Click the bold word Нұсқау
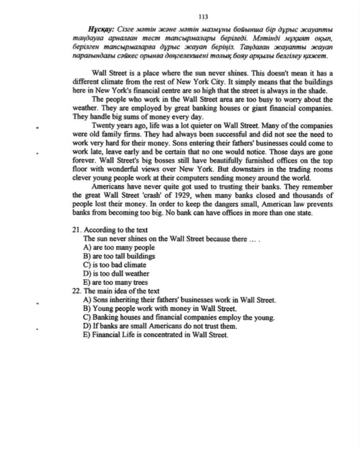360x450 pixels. tap(101, 28)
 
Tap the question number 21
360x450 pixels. tap(76, 230)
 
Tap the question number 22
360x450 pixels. tap(76, 291)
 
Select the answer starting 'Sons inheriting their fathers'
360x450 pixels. tap(179, 299)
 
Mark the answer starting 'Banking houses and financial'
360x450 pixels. tap(179, 317)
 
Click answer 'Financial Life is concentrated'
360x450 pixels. tap(156, 335)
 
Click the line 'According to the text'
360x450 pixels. tap(116, 230)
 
